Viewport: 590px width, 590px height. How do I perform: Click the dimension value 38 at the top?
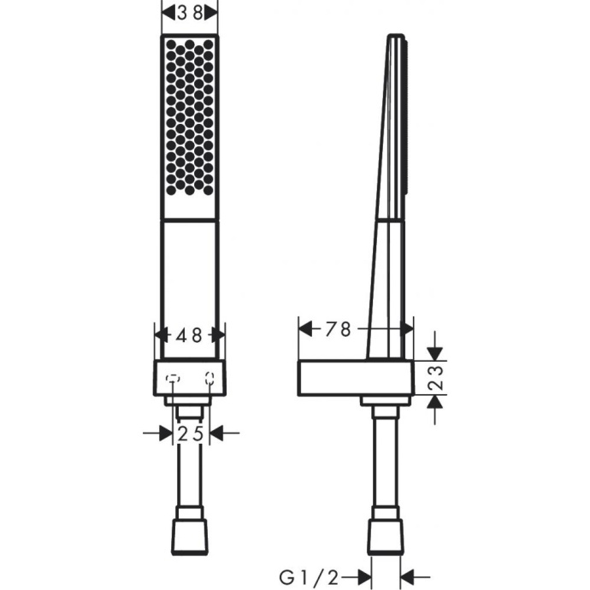coord(189,13)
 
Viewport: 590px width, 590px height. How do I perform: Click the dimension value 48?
coord(189,336)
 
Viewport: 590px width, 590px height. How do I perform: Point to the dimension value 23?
coord(435,378)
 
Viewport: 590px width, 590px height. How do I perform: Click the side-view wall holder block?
coord(355,378)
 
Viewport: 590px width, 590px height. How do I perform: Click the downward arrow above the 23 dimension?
coord(435,350)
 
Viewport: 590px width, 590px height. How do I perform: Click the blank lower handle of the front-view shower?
coord(189,282)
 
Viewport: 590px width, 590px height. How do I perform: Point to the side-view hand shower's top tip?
coord(395,37)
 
